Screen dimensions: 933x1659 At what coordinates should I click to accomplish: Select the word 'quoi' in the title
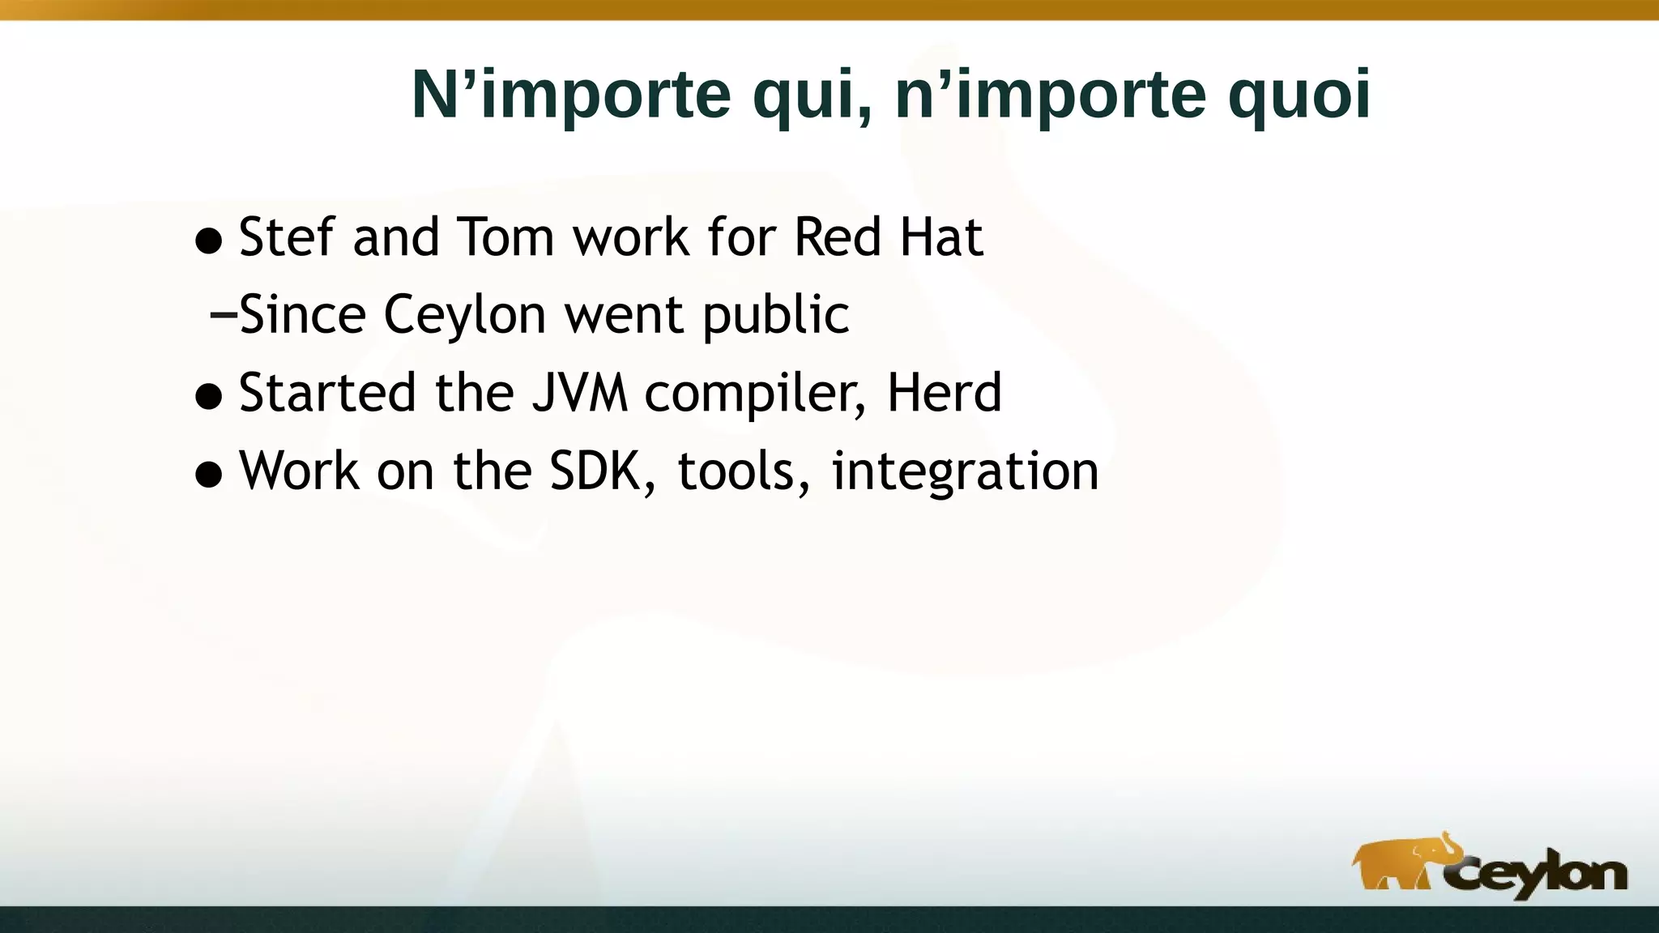[x=1299, y=96]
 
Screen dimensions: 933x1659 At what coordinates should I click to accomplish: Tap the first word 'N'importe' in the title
[x=571, y=96]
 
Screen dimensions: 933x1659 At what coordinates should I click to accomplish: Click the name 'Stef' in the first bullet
[x=287, y=237]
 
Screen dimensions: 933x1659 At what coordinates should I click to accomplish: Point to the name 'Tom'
[x=506, y=237]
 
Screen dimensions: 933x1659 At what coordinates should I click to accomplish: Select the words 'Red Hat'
[x=888, y=237]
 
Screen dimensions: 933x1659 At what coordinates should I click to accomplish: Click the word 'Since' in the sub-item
[x=302, y=314]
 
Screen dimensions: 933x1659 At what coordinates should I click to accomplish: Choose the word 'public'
[x=775, y=316]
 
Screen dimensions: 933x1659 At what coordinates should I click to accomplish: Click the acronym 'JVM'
[x=579, y=393]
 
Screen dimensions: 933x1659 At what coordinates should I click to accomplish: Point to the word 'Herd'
[x=945, y=393]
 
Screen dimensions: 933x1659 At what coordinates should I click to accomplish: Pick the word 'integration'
[x=965, y=472]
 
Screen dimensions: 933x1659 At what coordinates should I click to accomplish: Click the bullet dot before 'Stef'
[x=209, y=241]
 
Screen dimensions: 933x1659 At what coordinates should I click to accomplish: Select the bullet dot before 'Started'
[x=209, y=397]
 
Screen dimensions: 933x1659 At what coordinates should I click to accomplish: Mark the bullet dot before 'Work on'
[x=209, y=475]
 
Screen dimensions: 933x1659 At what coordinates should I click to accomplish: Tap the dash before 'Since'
[x=222, y=315]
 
